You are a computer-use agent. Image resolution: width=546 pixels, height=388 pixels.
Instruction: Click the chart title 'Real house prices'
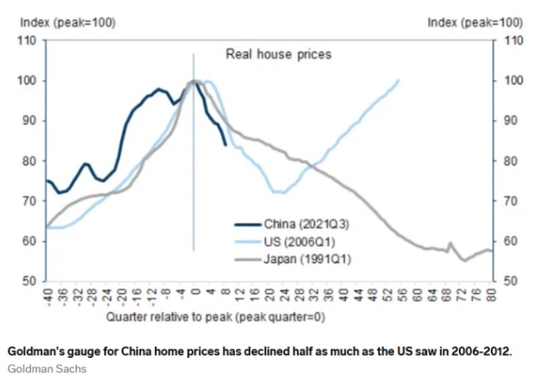(278, 54)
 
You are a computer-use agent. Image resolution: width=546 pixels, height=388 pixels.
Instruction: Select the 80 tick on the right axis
(512, 161)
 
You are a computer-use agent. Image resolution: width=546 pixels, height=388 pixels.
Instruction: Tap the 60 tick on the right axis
(512, 242)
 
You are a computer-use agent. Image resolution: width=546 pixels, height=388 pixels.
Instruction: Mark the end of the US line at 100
(399, 80)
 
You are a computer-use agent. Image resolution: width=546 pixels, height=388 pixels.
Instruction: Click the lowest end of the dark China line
(226, 145)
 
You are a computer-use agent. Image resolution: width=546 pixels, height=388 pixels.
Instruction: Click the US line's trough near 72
(278, 192)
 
